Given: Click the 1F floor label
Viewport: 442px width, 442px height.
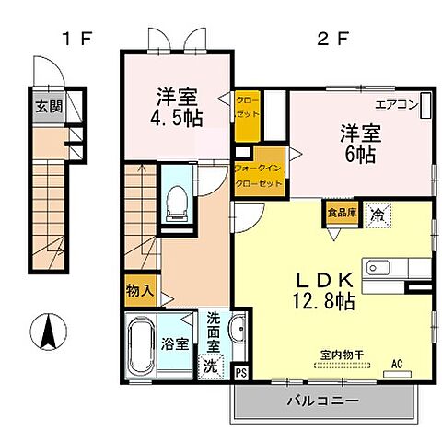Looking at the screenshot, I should coord(76,39).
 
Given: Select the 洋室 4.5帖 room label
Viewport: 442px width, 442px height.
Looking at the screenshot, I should coord(177,105).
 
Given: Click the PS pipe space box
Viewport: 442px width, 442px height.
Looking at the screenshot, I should coord(241,373).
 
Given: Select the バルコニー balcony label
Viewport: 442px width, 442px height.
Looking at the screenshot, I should coord(320,400).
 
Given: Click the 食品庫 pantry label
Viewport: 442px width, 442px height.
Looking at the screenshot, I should coord(340,213).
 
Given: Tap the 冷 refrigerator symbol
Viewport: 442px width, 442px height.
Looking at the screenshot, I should coord(376,214).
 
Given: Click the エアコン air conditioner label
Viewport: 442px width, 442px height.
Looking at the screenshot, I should coord(395,104).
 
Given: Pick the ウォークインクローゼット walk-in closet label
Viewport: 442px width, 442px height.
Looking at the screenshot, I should coord(259,175).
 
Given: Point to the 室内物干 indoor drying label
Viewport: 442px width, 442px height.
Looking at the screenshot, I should coord(342,355).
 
